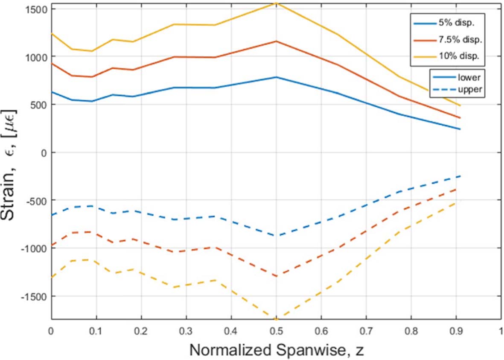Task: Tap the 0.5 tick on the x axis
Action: tap(276, 331)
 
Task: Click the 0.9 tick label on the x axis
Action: tap(456, 331)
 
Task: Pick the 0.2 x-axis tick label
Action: tap(141, 331)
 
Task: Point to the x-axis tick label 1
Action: tap(501, 331)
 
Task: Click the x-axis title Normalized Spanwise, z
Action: tap(276, 350)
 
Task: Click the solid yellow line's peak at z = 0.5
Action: tap(276, 3)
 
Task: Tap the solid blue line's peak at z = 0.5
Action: tap(276, 77)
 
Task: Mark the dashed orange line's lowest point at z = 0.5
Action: tap(276, 276)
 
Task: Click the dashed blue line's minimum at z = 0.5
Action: tap(276, 236)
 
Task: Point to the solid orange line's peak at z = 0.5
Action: tap(276, 41)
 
